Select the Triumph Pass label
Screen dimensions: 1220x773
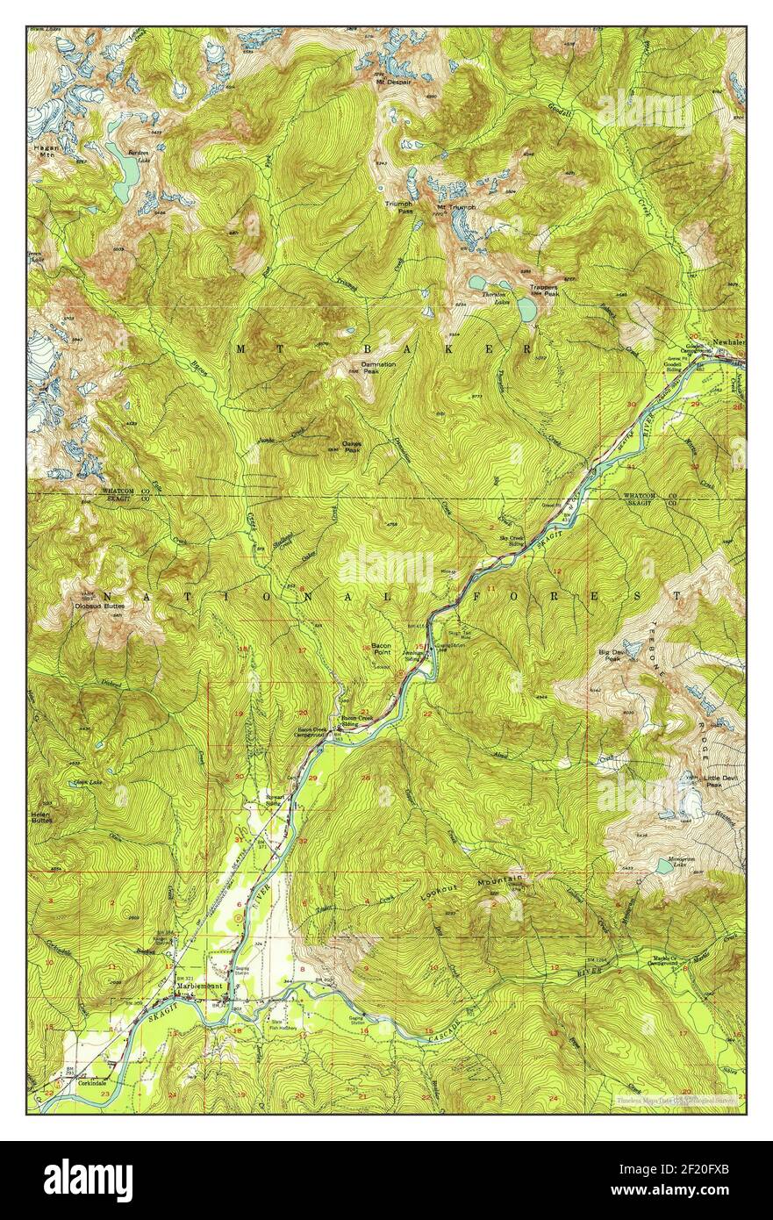(x=400, y=208)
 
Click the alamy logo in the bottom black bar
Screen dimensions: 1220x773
(x=88, y=1181)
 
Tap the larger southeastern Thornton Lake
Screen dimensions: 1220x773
(x=526, y=309)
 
